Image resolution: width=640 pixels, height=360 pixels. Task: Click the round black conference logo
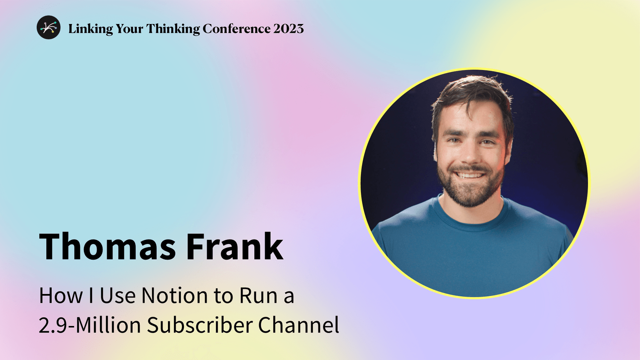[x=48, y=28]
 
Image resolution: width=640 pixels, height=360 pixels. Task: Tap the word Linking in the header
[x=90, y=29]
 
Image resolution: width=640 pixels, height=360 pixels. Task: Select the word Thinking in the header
[x=173, y=29]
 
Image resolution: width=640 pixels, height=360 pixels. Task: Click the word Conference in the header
[x=236, y=29]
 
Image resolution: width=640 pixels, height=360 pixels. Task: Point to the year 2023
[x=288, y=29]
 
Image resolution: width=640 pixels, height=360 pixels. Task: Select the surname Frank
[x=234, y=246]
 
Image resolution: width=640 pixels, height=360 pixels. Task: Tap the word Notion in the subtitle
[x=175, y=296]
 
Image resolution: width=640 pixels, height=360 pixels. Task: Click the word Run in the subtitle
[x=258, y=296]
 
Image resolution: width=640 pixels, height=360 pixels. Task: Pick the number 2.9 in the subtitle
[x=54, y=325]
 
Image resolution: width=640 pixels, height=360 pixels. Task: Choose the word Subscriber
[x=199, y=325]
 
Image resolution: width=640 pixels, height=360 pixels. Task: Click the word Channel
[x=298, y=325]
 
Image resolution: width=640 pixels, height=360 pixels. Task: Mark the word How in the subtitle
[x=61, y=296]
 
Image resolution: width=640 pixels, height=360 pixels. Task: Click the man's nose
[x=471, y=154]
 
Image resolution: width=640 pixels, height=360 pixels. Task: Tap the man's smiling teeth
[x=470, y=175]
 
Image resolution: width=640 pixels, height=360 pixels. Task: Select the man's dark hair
[x=472, y=90]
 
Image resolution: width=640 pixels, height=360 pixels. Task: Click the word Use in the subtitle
[x=118, y=296]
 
